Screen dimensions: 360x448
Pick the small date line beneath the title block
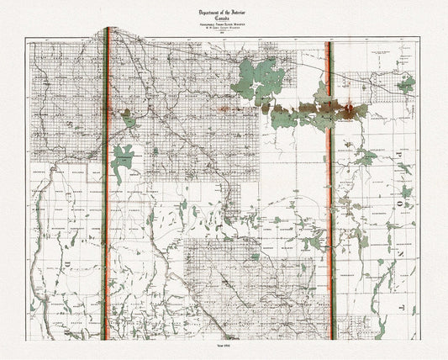point(223,31)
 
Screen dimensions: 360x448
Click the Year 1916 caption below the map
point(224,350)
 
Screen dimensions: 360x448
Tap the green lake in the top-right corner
point(407,84)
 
